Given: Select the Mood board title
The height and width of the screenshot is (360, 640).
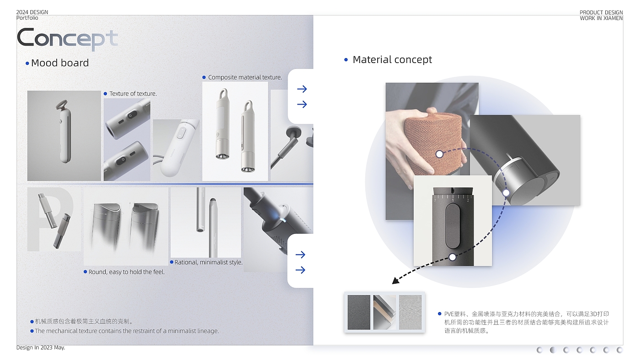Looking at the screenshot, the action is coord(60,63).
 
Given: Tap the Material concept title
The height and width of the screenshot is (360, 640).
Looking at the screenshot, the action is coord(392,60).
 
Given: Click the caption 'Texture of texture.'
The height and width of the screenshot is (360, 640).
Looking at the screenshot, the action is coord(133,94).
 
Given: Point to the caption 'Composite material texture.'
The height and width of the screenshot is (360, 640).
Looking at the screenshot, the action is coord(245,77).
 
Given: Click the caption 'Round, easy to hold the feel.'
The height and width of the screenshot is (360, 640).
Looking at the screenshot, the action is coord(127,272).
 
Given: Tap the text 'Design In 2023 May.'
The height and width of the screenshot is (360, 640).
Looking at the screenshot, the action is coord(41,348).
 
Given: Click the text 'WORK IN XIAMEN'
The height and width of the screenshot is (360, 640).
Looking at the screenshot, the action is coord(601,18).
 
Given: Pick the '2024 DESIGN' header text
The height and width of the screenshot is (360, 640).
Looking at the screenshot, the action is coord(32,12).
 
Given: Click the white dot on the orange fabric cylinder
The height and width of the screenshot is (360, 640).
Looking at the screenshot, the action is coord(439,154).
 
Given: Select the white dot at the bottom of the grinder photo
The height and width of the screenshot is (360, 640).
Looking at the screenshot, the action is coord(452,257).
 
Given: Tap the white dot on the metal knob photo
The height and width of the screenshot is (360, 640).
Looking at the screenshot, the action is coord(506,193).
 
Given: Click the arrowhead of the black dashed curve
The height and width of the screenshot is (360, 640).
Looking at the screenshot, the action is coord(395,281).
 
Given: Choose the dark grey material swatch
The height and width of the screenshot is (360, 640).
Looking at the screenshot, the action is coord(359,312).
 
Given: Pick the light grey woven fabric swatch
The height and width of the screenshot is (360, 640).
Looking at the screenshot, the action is coord(410,312).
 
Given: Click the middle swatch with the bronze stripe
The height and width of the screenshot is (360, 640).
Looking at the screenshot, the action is coord(384,312).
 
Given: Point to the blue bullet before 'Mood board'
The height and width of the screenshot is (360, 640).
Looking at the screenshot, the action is coord(27,64).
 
